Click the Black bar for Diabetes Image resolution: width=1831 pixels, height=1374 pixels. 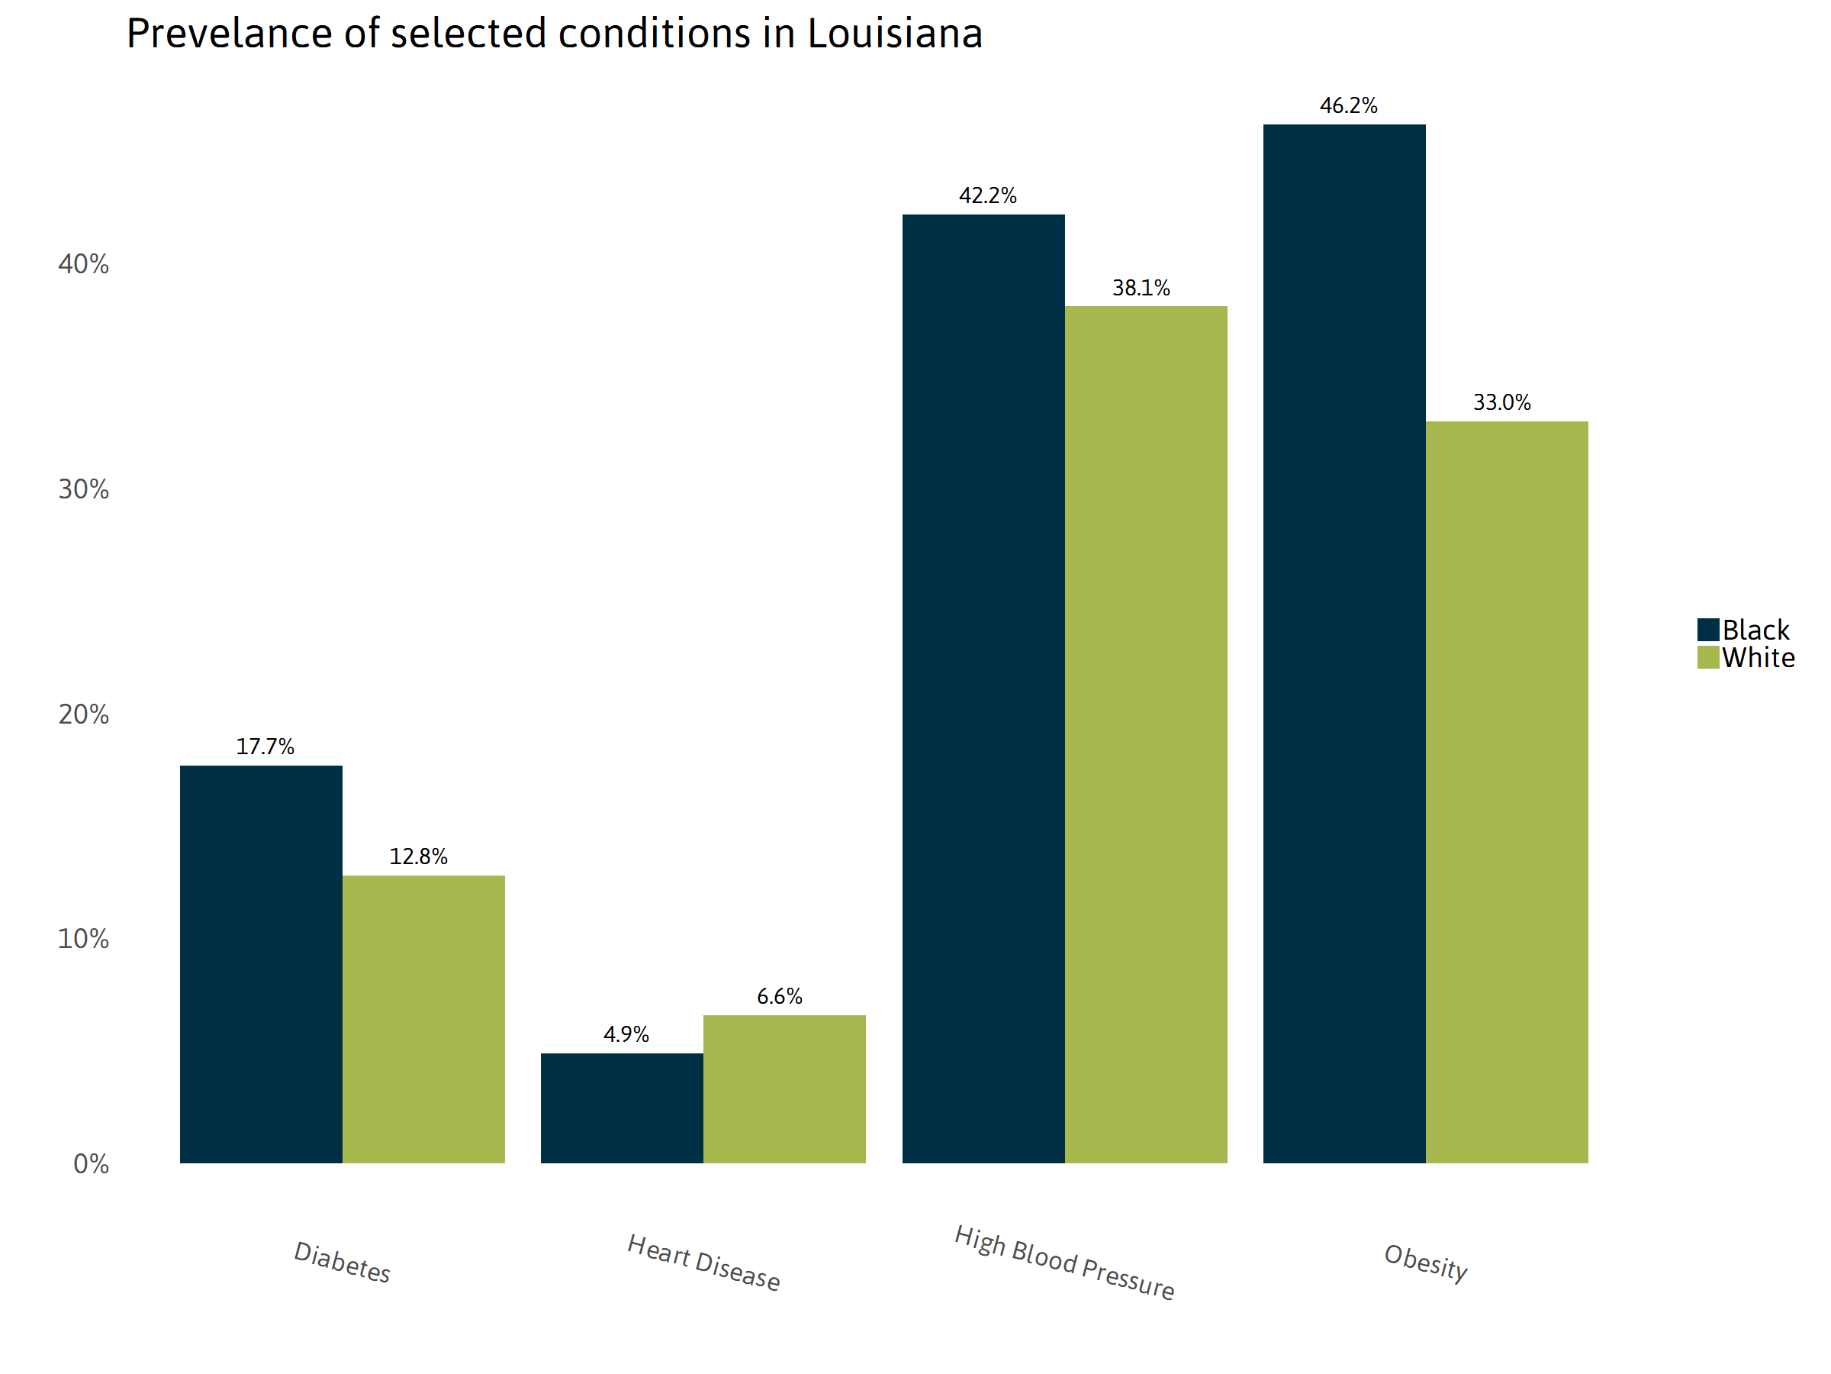[x=261, y=964]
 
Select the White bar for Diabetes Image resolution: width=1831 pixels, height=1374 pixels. [x=423, y=1019]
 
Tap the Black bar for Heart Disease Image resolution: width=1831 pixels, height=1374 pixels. [x=622, y=1108]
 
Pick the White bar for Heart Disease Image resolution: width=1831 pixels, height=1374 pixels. [x=784, y=1089]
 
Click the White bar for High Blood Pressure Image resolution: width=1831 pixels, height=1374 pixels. [x=1146, y=734]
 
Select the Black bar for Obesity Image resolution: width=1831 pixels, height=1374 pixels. [x=1343, y=643]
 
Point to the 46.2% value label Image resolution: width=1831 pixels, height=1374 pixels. [x=1348, y=106]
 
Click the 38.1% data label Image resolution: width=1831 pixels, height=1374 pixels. [x=1141, y=289]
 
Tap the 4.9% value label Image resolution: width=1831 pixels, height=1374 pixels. [x=626, y=1034]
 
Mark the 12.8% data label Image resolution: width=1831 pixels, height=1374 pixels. [x=418, y=856]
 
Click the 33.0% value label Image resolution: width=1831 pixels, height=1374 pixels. [x=1501, y=402]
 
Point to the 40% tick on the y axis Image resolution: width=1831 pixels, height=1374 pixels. [x=82, y=264]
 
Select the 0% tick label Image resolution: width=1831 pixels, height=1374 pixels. [x=90, y=1163]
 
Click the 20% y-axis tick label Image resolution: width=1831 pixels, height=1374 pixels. [x=82, y=714]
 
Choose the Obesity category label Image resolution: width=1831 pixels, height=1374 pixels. [x=1425, y=1263]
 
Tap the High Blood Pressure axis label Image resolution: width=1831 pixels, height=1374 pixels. [x=1064, y=1263]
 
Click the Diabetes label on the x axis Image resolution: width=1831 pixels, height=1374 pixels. [x=342, y=1263]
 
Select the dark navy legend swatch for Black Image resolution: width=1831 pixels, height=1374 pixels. [x=1707, y=630]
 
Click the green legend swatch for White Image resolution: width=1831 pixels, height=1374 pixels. [x=1707, y=657]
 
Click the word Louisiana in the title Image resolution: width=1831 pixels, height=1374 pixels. [x=894, y=34]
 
